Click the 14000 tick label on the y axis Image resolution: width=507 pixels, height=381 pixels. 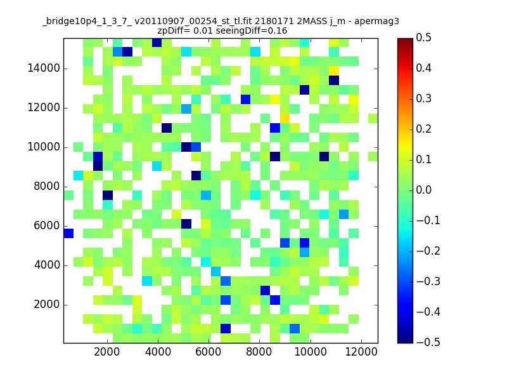tap(44, 69)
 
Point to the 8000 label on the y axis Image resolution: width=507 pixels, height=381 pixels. tap(46, 187)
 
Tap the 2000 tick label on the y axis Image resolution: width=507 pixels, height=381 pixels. tap(46, 305)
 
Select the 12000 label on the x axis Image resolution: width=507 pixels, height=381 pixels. tap(361, 352)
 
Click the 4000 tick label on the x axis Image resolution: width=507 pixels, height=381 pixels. tap(158, 352)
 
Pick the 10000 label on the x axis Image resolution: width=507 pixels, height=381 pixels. tap(311, 352)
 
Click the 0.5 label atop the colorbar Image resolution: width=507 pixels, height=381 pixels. tap(423, 37)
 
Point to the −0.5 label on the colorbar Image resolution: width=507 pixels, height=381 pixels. tap(428, 342)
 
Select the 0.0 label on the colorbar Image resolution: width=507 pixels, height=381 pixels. tap(423, 190)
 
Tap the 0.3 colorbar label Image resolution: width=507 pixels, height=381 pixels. tap(423, 98)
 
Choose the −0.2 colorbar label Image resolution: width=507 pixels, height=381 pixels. tap(428, 251)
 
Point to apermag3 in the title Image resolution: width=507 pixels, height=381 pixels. tap(376, 22)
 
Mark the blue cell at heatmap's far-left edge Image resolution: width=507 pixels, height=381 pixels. tap(68, 233)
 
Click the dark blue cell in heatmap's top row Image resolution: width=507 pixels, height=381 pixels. tap(157, 43)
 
